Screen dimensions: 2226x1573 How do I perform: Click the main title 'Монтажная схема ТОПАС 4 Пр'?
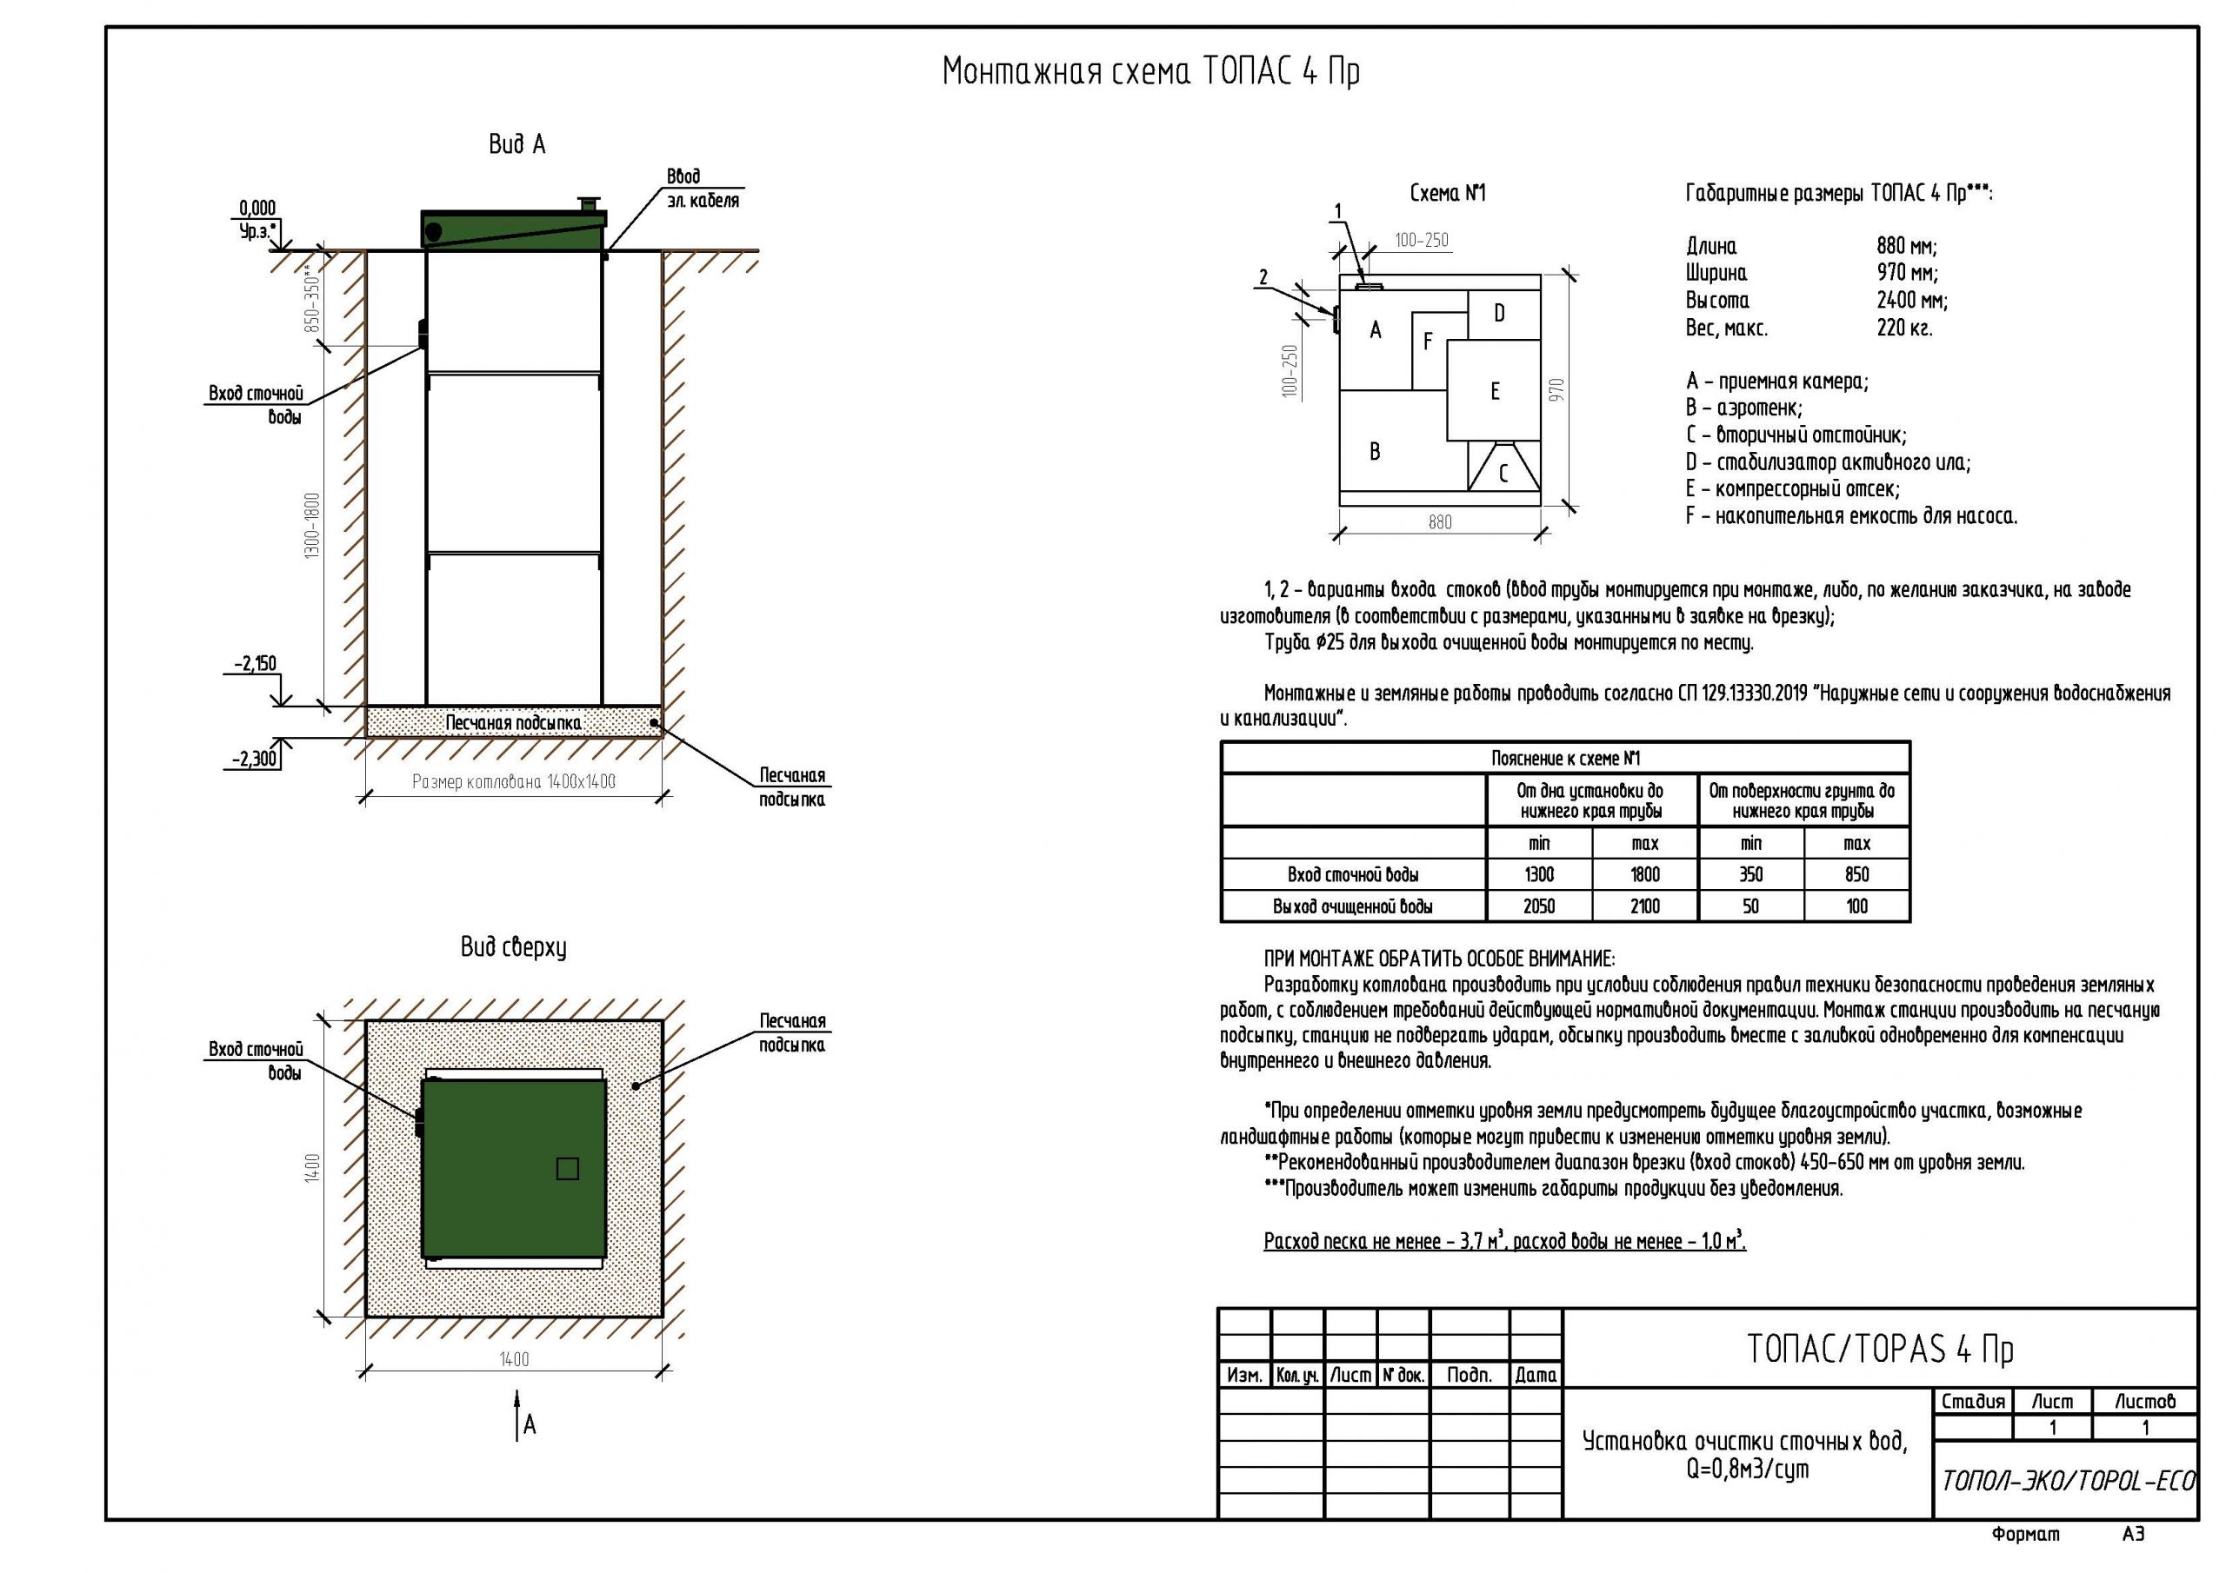[1150, 73]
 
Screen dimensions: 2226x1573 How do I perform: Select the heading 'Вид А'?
[517, 145]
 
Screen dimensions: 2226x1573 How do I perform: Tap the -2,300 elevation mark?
[254, 759]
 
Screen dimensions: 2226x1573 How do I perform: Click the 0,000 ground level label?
[257, 208]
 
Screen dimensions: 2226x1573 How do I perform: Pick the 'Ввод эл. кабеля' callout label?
[702, 189]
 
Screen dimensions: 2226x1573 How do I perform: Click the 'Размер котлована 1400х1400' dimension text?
[514, 782]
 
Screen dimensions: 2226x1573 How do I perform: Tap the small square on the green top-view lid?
[567, 1169]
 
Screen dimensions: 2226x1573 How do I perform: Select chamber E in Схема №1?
[1494, 392]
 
